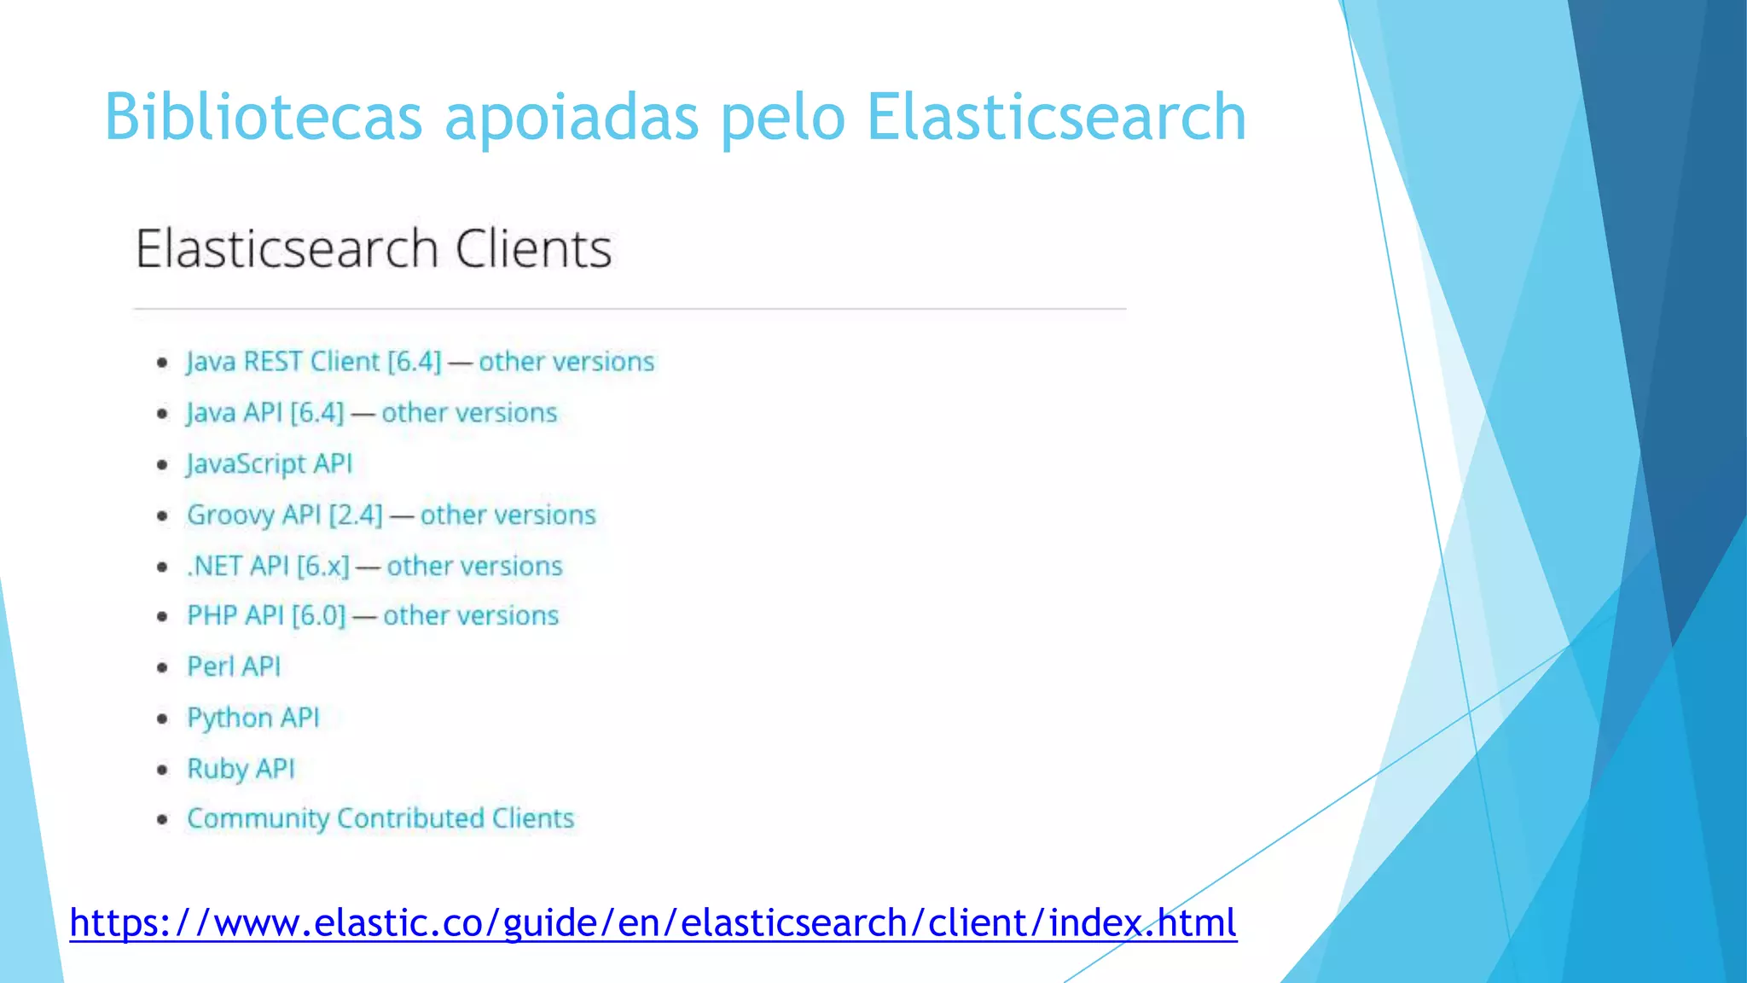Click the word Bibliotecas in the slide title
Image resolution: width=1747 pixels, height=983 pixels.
[x=264, y=117]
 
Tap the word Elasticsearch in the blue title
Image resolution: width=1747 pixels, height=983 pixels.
[x=1056, y=117]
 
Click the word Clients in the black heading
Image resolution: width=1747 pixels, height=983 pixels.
[x=533, y=249]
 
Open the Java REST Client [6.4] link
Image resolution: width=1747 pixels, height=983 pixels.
[x=314, y=362]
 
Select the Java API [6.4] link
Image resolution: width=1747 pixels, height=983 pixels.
[x=265, y=413]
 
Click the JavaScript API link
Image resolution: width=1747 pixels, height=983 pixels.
[x=270, y=464]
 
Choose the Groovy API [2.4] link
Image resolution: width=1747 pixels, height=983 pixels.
[x=285, y=515]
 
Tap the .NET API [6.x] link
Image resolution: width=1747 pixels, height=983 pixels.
[x=268, y=566]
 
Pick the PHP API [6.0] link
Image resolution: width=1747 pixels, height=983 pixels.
[x=266, y=616]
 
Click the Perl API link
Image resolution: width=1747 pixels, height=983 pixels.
[x=234, y=666]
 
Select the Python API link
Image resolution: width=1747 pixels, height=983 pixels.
[x=253, y=718]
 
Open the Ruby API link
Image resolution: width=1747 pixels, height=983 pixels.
[x=241, y=769]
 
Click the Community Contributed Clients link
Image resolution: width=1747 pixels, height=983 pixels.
[x=380, y=818]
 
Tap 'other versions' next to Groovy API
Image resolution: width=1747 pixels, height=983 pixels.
[x=508, y=515]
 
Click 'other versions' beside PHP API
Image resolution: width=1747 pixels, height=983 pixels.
[x=471, y=616]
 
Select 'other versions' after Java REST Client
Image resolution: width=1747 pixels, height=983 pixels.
[x=566, y=362]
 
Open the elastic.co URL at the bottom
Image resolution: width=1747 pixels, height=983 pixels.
[x=653, y=923]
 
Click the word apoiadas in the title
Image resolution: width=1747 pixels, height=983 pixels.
[x=572, y=117]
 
